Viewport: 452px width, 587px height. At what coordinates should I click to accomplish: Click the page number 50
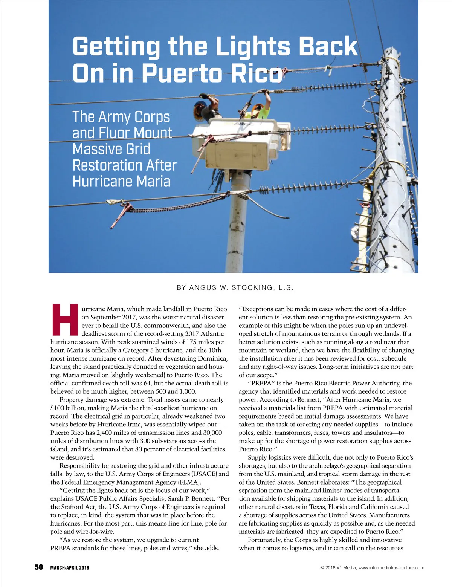click(39, 567)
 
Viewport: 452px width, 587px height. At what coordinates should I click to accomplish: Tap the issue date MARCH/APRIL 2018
click(70, 568)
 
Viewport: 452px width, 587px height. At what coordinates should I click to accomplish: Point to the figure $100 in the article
click(57, 408)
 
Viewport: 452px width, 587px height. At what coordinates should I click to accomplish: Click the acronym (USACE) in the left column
click(203, 474)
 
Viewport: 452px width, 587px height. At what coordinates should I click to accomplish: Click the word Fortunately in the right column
click(265, 540)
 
